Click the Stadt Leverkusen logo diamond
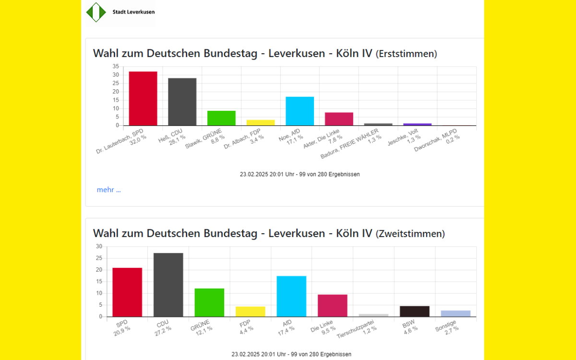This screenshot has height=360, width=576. pyautogui.click(x=96, y=12)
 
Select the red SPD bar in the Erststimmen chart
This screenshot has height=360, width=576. pyautogui.click(x=143, y=98)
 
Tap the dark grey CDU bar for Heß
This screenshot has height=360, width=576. pyautogui.click(x=182, y=102)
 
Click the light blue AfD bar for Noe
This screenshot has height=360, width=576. pyautogui.click(x=300, y=111)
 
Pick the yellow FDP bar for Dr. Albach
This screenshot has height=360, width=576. pyautogui.click(x=261, y=122)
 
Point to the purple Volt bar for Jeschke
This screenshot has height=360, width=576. pyautogui.click(x=417, y=124)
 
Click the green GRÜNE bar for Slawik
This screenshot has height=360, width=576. pyautogui.click(x=221, y=118)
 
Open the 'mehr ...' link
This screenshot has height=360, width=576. pyautogui.click(x=108, y=190)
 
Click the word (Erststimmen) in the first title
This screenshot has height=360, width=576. pyautogui.click(x=406, y=54)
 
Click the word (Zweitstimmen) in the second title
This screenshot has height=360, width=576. pyautogui.click(x=410, y=234)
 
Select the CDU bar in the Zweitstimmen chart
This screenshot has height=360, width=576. pyautogui.click(x=168, y=285)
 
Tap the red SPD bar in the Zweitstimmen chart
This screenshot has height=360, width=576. pyautogui.click(x=127, y=292)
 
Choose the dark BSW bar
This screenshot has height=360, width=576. pyautogui.click(x=414, y=311)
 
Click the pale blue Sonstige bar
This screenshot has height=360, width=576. pyautogui.click(x=456, y=313)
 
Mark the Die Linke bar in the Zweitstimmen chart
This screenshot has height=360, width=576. pyautogui.click(x=332, y=305)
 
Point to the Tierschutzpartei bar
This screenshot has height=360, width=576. pyautogui.click(x=373, y=315)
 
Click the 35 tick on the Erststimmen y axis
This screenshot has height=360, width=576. pyautogui.click(x=115, y=66)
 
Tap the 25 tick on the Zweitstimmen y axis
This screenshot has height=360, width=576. pyautogui.click(x=99, y=258)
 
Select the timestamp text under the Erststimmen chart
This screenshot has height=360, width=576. pyautogui.click(x=300, y=174)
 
